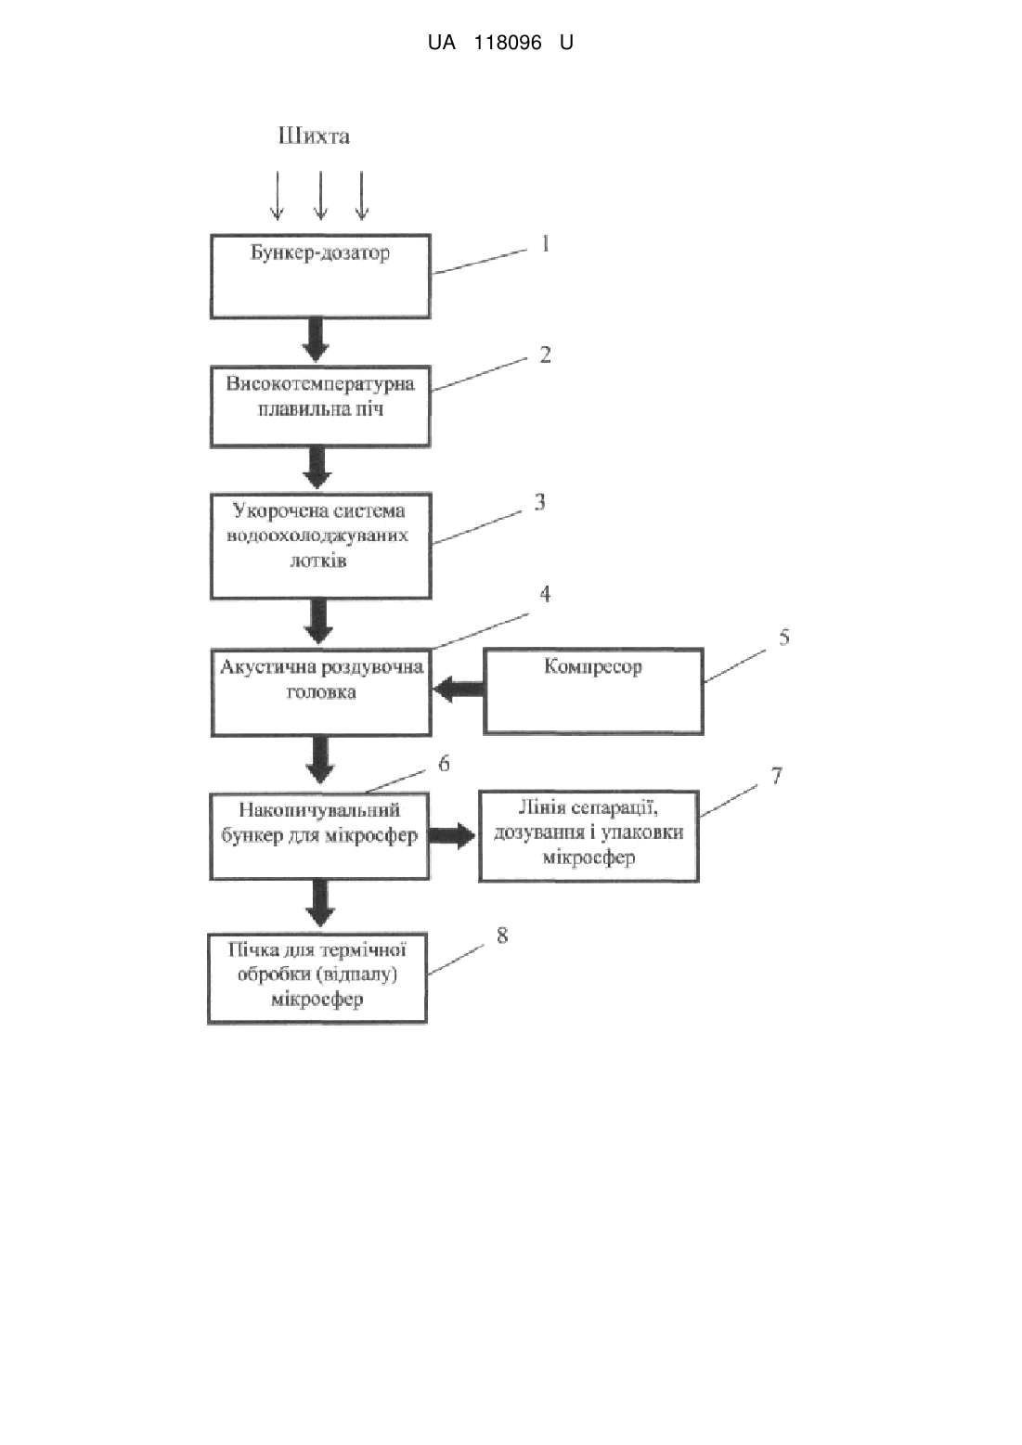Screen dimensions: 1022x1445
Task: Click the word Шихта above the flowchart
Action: click(x=315, y=136)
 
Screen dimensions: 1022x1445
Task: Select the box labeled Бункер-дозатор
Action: click(x=320, y=276)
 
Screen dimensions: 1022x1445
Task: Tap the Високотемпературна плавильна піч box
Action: click(x=320, y=406)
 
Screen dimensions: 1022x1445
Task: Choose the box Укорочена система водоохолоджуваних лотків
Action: click(x=320, y=547)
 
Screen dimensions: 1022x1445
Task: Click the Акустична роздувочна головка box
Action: click(x=321, y=692)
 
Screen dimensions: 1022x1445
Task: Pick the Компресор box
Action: click(x=593, y=690)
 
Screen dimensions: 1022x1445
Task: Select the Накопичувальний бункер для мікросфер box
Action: click(x=319, y=836)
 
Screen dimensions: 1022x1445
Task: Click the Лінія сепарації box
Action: click(x=589, y=836)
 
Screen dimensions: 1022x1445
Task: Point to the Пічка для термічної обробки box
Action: click(x=317, y=978)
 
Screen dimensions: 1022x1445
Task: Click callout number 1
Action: click(x=545, y=244)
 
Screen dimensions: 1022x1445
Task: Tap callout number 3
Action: click(x=540, y=502)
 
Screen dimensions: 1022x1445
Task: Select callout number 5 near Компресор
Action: click(x=784, y=638)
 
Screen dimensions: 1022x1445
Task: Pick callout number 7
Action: click(x=777, y=775)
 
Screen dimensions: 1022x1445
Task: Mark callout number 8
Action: click(x=502, y=935)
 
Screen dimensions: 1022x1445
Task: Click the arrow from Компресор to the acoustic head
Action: click(x=459, y=690)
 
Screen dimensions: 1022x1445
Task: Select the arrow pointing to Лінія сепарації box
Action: click(x=453, y=836)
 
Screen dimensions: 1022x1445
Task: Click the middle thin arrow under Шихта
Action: click(x=320, y=196)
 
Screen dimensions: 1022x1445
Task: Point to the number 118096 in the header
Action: click(x=508, y=43)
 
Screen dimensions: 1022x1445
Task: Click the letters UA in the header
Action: click(x=442, y=43)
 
